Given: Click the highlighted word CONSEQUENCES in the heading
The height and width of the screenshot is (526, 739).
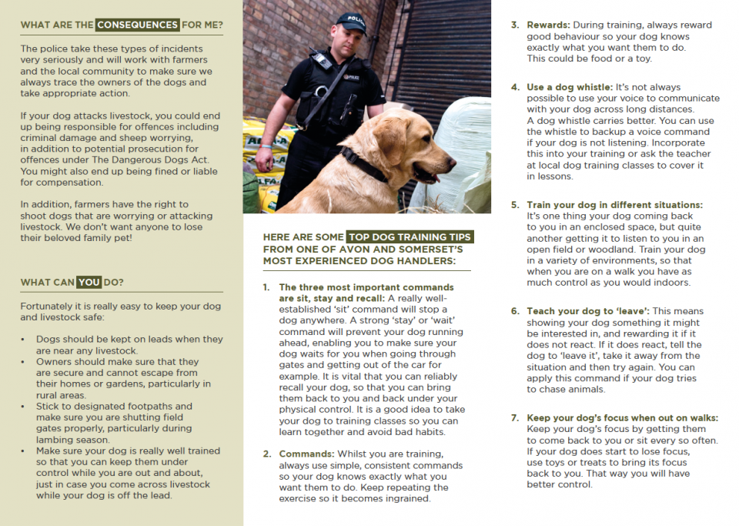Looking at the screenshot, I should click(x=137, y=25).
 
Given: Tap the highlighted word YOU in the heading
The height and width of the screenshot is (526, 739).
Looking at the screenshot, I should click(x=89, y=282).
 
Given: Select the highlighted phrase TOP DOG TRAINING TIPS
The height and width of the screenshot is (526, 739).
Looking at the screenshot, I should click(x=410, y=236).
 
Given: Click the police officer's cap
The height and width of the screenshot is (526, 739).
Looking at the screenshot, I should click(x=351, y=21).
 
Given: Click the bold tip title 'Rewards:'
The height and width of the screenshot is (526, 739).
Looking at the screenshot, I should click(x=548, y=25).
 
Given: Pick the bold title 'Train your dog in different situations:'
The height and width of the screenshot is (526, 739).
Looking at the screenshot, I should click(x=614, y=205).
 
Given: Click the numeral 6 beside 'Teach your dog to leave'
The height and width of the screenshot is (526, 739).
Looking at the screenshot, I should click(x=515, y=311).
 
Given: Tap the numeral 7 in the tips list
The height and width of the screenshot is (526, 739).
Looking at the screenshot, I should click(x=515, y=417).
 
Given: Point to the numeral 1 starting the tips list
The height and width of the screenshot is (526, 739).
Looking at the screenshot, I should click(x=266, y=287).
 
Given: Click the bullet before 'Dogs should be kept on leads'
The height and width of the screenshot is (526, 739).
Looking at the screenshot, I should click(x=25, y=339).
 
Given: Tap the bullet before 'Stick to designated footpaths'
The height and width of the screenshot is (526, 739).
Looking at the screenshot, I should click(x=25, y=406).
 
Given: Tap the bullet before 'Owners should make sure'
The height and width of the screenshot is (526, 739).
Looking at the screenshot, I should click(x=25, y=361).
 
